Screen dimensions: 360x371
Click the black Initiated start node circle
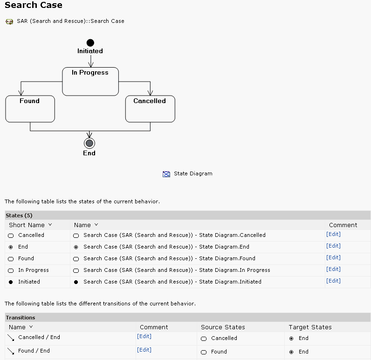(90, 43)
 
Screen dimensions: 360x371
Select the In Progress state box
(90, 82)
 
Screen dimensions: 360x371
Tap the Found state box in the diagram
(30, 109)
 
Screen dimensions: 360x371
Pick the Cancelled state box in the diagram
(150, 109)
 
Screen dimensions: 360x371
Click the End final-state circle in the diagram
(89, 143)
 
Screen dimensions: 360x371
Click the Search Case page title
(34, 6)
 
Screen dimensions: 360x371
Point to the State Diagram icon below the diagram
(166, 174)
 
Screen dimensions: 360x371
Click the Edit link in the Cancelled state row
(333, 235)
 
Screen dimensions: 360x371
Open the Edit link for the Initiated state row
(333, 281)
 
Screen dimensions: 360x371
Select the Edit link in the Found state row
(333, 257)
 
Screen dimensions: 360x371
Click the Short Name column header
(27, 225)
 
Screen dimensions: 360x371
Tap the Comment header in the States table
(343, 225)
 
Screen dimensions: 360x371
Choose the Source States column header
(223, 327)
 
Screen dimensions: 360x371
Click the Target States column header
(310, 327)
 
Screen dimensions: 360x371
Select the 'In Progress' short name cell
(33, 270)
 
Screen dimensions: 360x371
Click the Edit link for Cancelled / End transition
(144, 336)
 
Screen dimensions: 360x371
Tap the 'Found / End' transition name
(34, 351)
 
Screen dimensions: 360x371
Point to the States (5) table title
(19, 215)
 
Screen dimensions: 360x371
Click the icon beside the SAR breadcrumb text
(9, 21)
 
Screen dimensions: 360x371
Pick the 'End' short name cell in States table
(23, 247)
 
